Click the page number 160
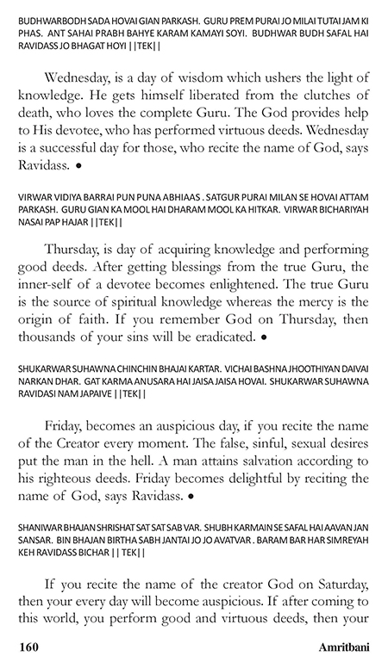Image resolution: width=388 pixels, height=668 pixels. tap(26, 644)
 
